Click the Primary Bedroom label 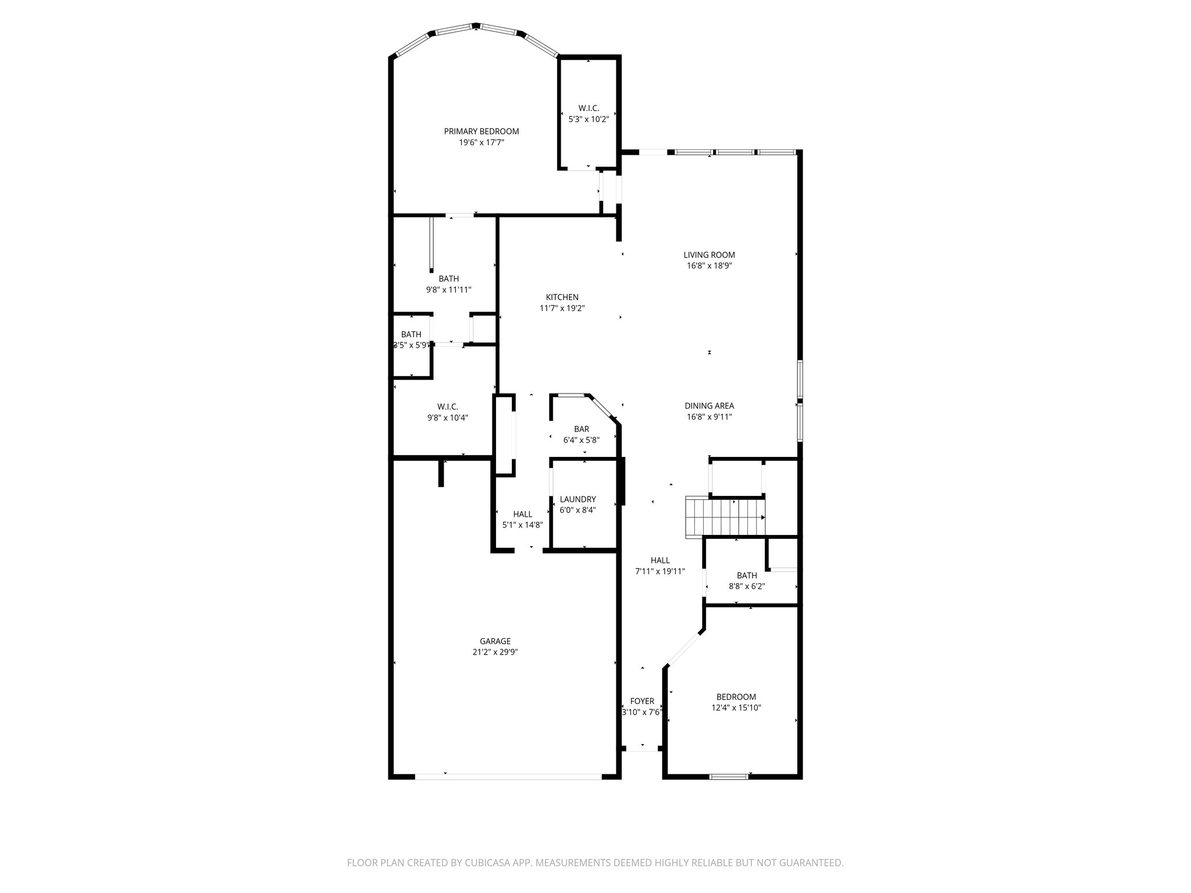coord(482,131)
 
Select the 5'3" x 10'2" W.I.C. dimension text coord(589,119)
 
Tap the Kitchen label coord(562,297)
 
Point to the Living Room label coord(709,255)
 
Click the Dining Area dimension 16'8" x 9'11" coord(709,417)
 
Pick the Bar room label coord(582,429)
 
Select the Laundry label coord(577,499)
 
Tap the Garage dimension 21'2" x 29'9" coord(495,652)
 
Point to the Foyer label coord(642,701)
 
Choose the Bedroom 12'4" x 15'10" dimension coord(736,708)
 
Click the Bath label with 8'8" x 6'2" coord(747,576)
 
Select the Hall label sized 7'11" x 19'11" coord(660,560)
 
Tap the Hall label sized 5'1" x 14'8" coord(523,514)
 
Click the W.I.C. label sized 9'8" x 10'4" coord(448,406)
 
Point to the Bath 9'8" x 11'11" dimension coord(448,290)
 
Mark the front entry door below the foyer coord(642,751)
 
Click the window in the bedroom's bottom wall coord(729,776)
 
